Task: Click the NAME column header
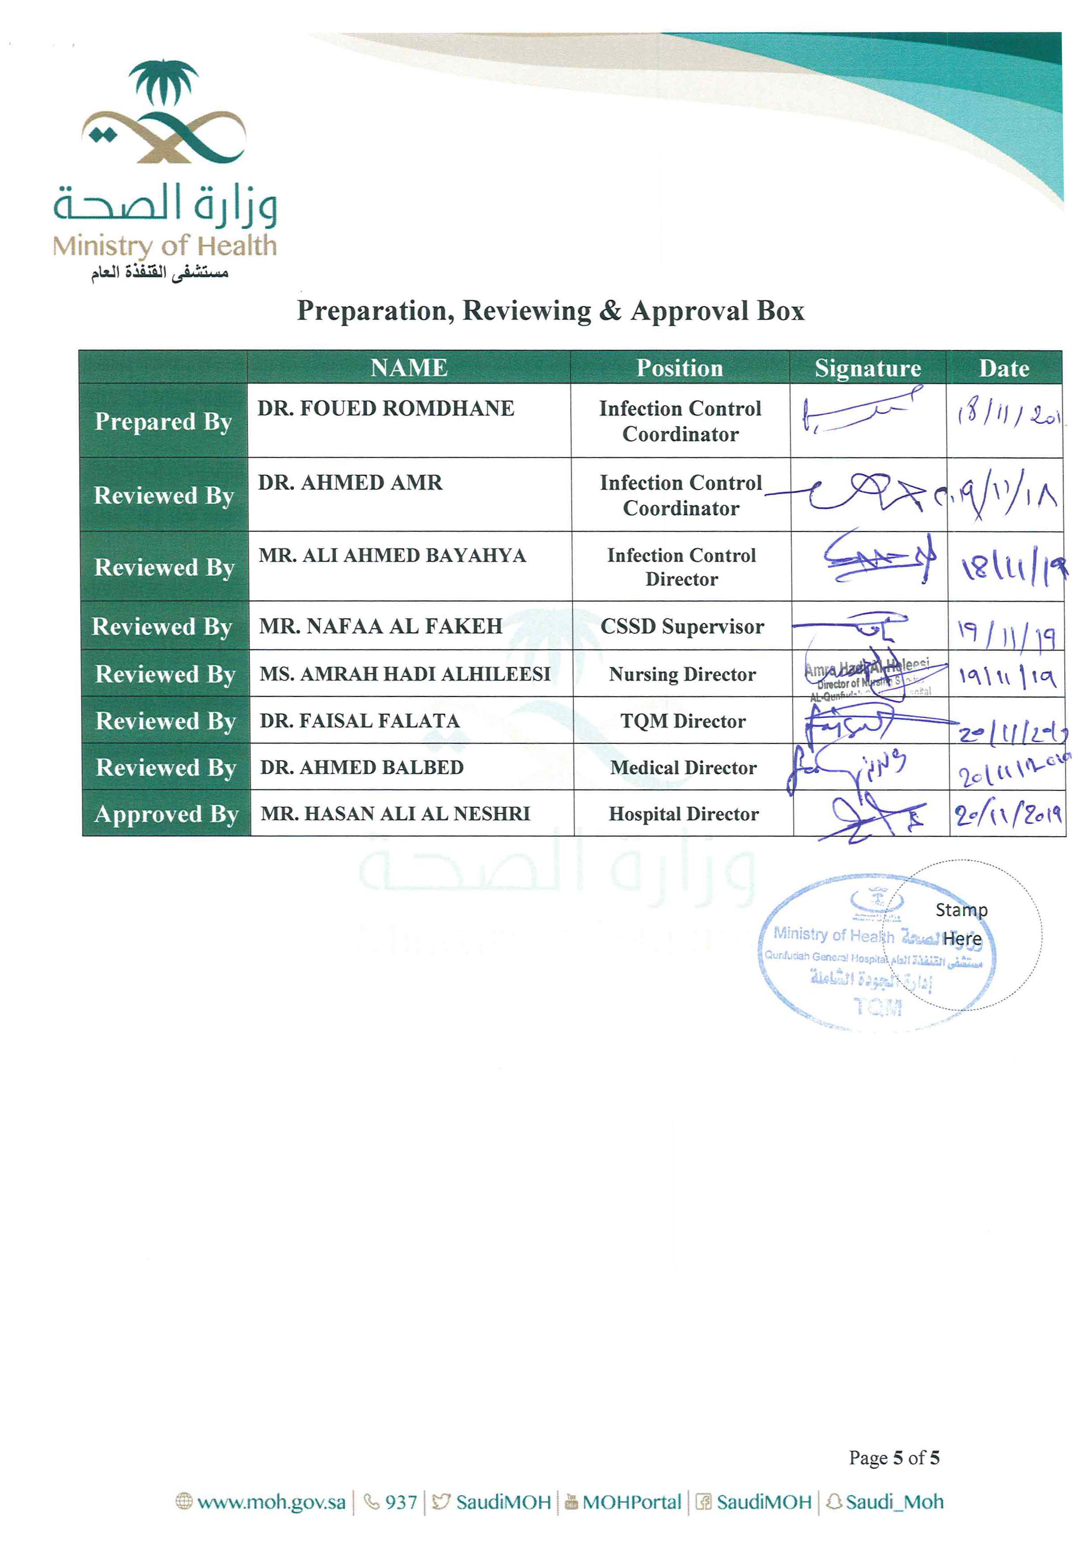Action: point(409,368)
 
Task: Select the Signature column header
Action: point(867,368)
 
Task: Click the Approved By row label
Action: point(166,814)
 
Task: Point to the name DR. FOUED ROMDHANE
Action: point(386,408)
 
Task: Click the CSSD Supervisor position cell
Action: point(682,627)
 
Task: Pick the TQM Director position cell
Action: point(683,721)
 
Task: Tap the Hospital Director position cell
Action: point(683,814)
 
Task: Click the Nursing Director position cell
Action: point(682,674)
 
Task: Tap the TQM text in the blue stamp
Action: point(877,1007)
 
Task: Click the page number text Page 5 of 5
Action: point(894,1457)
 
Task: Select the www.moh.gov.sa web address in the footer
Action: point(271,1502)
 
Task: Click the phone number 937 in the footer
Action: point(400,1502)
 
